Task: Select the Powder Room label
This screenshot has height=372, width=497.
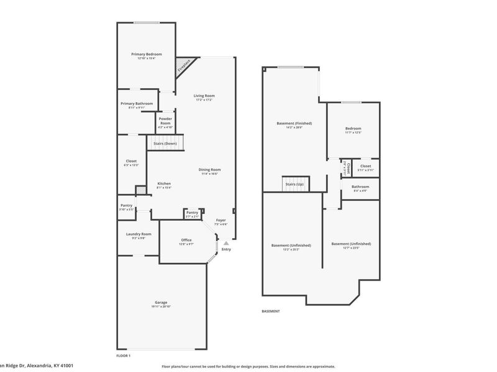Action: [x=165, y=121]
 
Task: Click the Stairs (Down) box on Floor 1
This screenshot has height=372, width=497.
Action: [x=165, y=143]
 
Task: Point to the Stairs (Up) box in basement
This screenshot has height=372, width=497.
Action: [x=294, y=184]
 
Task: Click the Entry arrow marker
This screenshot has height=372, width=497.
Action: [x=226, y=244]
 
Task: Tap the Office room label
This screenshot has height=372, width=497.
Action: [x=186, y=240]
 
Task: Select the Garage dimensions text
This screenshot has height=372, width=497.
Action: [x=160, y=307]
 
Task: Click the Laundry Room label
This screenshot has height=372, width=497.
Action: [x=139, y=234]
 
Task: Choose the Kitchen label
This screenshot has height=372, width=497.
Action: [x=164, y=184]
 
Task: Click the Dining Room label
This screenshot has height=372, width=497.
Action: [x=210, y=170]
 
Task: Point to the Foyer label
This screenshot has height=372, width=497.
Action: [x=221, y=220]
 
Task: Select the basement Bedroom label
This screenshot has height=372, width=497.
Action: [x=353, y=128]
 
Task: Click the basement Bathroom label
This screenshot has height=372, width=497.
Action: [x=360, y=187]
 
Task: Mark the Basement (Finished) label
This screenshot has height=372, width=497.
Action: [x=294, y=123]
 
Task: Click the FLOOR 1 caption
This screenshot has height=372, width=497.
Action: [x=123, y=356]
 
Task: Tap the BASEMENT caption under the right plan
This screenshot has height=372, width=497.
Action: [x=270, y=311]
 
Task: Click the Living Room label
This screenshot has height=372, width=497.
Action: [x=204, y=95]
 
